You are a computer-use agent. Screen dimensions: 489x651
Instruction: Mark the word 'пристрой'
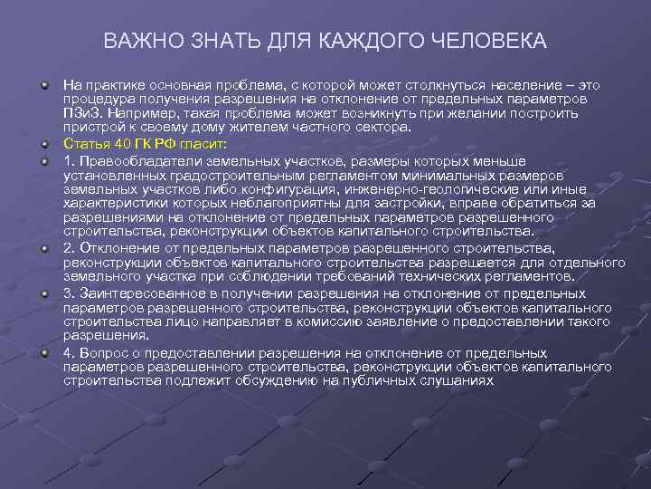point(89,129)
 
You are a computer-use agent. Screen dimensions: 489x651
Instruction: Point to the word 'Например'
point(142,115)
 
